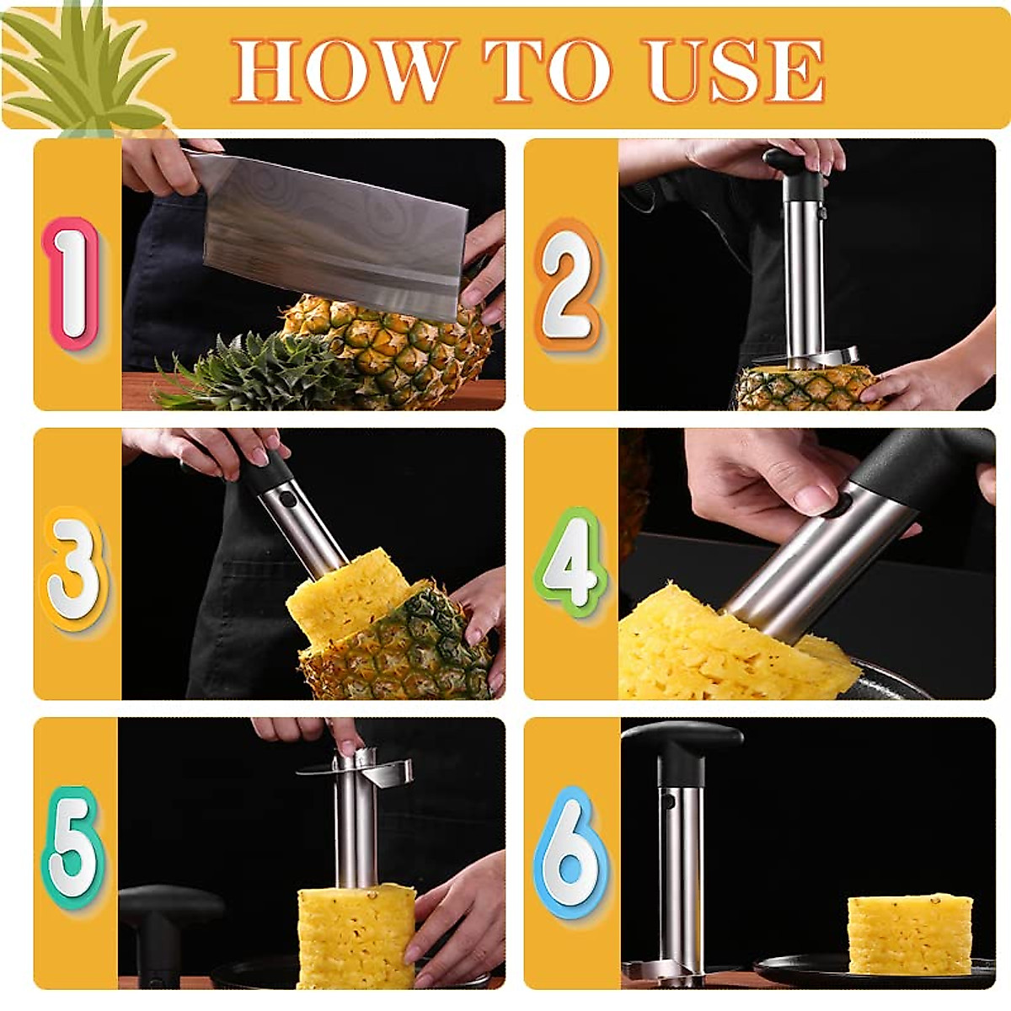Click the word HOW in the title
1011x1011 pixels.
[x=340, y=70]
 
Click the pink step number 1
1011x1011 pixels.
[x=72, y=283]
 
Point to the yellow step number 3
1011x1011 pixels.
[x=74, y=570]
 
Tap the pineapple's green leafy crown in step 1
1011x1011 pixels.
[x=252, y=372]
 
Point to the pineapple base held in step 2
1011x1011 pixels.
[x=810, y=388]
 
